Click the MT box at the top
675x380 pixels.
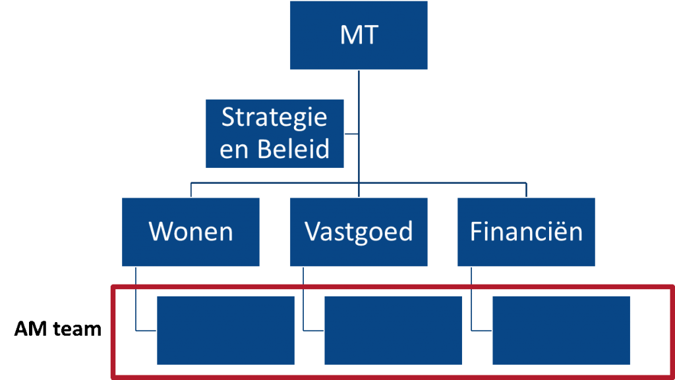click(x=359, y=34)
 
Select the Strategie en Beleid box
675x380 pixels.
click(x=275, y=134)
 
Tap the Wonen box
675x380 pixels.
click(x=191, y=232)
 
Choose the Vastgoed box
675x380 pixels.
click(x=359, y=232)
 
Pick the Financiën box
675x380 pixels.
click(x=526, y=232)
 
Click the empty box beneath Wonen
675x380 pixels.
click(x=225, y=330)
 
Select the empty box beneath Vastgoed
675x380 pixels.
click(x=394, y=330)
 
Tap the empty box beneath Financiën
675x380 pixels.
click(x=561, y=330)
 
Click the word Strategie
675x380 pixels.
click(x=274, y=118)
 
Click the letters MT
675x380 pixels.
click(x=359, y=35)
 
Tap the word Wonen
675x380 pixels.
click(x=191, y=232)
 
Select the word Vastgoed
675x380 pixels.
click(x=359, y=232)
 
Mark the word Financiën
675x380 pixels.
click(x=526, y=232)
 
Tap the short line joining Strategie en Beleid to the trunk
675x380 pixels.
click(x=352, y=134)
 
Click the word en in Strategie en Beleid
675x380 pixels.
click(x=234, y=150)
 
